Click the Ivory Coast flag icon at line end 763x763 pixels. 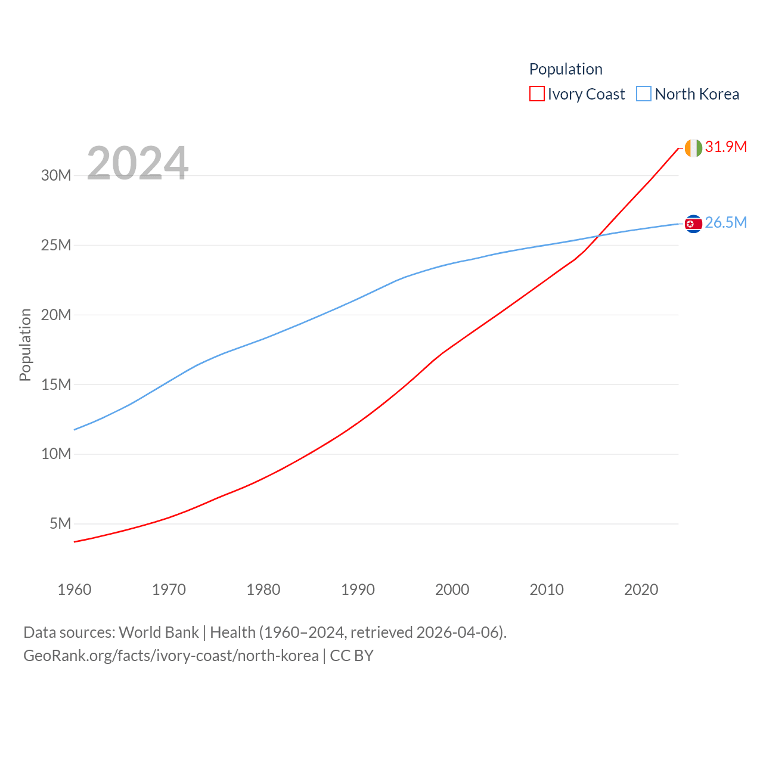point(693,148)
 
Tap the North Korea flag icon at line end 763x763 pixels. point(693,224)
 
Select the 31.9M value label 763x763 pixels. point(725,147)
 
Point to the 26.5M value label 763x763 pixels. point(725,222)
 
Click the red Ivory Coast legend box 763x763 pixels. point(536,94)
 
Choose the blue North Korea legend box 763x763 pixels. point(644,94)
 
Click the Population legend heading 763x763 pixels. point(566,69)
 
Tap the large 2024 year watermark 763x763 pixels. point(138,163)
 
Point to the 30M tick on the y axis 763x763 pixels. point(56,175)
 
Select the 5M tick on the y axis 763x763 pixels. point(60,523)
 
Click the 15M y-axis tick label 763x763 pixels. point(56,384)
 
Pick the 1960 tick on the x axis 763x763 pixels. point(75,590)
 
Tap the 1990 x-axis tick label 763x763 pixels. point(358,590)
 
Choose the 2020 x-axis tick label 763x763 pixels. point(641,590)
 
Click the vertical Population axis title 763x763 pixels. point(25,345)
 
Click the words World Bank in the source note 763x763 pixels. point(159,632)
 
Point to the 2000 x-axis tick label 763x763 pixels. point(452,590)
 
